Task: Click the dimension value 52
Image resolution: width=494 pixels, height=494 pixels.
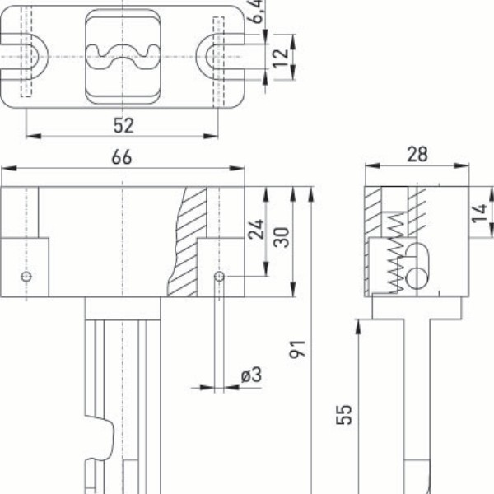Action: [x=123, y=125]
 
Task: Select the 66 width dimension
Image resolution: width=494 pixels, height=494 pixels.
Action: [x=122, y=158]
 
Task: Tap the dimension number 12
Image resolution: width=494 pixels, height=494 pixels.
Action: [x=280, y=57]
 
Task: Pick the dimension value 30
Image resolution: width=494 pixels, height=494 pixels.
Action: [x=281, y=238]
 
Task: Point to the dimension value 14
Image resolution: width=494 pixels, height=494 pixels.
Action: [x=478, y=216]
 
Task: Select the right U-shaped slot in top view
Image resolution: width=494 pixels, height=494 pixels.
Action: [x=217, y=56]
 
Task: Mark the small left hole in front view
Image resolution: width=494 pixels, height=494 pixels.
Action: [x=27, y=277]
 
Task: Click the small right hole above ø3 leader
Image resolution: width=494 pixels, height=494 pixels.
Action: [x=219, y=277]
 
